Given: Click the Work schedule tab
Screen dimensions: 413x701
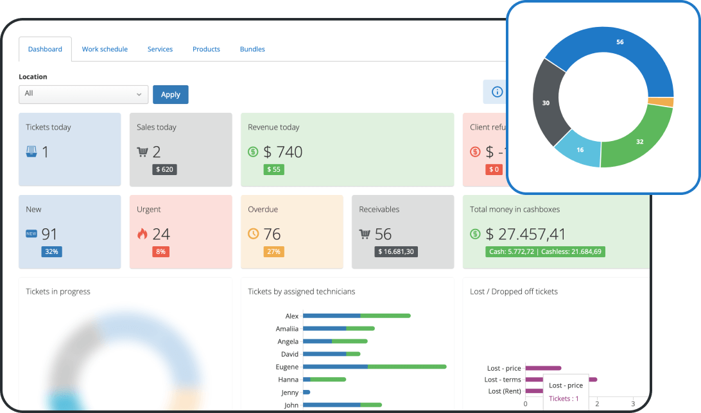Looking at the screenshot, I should [x=105, y=49].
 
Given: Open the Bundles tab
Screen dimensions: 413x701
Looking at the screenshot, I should [x=252, y=49].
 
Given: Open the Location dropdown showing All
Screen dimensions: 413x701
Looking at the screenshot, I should [x=83, y=94].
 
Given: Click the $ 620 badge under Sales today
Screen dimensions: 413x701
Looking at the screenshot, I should [x=164, y=169].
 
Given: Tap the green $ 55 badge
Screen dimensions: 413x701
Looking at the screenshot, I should [x=273, y=169].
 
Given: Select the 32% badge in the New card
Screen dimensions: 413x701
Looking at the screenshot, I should [x=52, y=251].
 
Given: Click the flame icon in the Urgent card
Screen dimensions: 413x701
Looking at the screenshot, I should [x=143, y=234].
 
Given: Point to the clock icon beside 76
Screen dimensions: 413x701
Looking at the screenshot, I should [x=254, y=234].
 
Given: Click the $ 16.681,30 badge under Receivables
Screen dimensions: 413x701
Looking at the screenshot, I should [x=396, y=251].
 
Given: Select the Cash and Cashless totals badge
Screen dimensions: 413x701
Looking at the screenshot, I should [x=545, y=251].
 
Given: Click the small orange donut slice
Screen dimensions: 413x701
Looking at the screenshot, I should [x=661, y=102].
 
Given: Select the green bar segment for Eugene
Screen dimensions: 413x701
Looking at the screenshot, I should [x=407, y=367].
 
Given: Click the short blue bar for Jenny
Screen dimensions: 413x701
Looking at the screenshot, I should [x=306, y=392].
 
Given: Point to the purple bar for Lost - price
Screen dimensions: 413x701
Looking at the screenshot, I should [x=543, y=368].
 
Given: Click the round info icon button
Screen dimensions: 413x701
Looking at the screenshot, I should [x=497, y=92].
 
